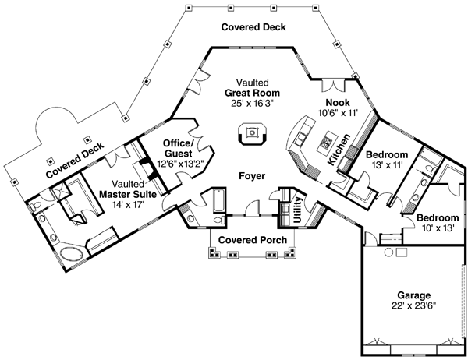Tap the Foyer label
click(x=250, y=176)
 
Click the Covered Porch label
click(x=251, y=239)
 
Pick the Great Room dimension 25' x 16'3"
click(x=250, y=102)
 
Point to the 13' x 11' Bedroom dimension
click(x=381, y=165)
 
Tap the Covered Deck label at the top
click(x=253, y=27)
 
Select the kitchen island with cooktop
click(x=321, y=144)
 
